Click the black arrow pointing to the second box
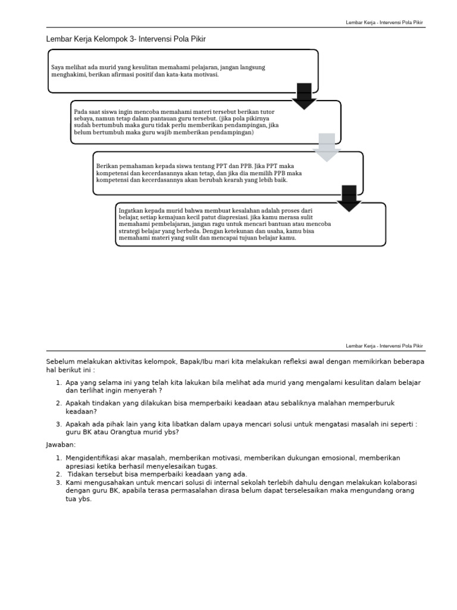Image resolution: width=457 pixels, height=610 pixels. point(304,96)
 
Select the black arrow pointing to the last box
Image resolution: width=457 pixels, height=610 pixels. point(349,198)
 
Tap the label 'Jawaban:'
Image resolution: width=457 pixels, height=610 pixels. point(61,444)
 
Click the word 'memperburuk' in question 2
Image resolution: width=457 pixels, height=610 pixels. point(370,403)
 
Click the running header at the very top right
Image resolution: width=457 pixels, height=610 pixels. point(384,22)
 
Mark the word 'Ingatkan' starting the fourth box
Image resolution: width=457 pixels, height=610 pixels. point(130,211)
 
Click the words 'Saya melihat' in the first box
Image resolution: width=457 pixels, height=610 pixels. point(68,68)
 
